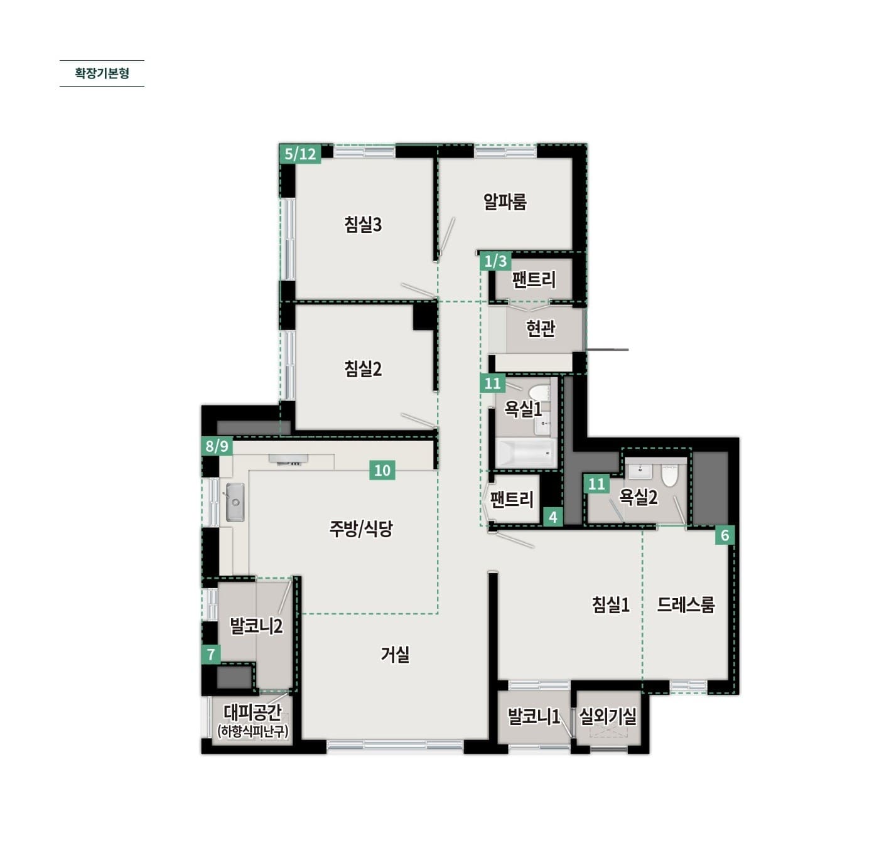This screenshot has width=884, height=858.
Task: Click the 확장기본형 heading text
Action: coord(102,73)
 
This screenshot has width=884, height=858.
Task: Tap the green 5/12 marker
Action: coord(300,154)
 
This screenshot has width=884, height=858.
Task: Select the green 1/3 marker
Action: coord(495,261)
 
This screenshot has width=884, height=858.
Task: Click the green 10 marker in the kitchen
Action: coord(382,470)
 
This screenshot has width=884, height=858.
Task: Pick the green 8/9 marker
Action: coord(217,446)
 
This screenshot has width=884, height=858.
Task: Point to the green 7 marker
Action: coord(211,655)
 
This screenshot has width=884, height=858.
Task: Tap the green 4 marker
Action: coord(553,517)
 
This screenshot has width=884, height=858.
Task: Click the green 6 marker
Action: coord(725,535)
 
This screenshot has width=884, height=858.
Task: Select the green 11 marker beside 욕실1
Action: coord(492,383)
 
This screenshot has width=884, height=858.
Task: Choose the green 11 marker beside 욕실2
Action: coord(596,484)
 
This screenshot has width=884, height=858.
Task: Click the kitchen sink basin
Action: coord(235,503)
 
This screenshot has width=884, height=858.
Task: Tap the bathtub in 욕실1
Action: coord(526,453)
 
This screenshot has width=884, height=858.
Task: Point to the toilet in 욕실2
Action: coord(669,475)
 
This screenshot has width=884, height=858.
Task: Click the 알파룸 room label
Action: coord(505,201)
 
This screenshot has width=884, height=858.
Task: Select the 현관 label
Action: coord(540,328)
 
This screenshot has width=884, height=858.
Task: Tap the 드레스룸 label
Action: coord(686,604)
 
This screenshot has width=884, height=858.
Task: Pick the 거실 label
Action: coord(395,655)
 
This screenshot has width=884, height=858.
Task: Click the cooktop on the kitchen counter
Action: coord(288,459)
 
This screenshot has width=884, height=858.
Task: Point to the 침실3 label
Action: coord(363,224)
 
